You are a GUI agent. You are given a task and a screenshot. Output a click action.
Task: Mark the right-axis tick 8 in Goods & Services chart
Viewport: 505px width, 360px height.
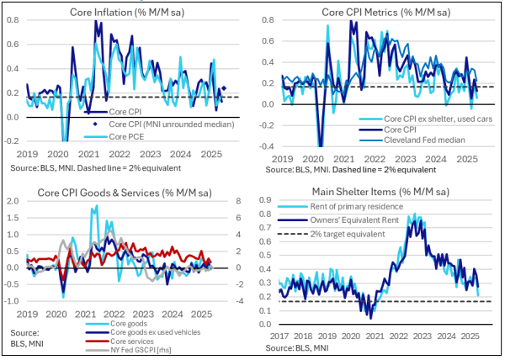click(238, 200)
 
